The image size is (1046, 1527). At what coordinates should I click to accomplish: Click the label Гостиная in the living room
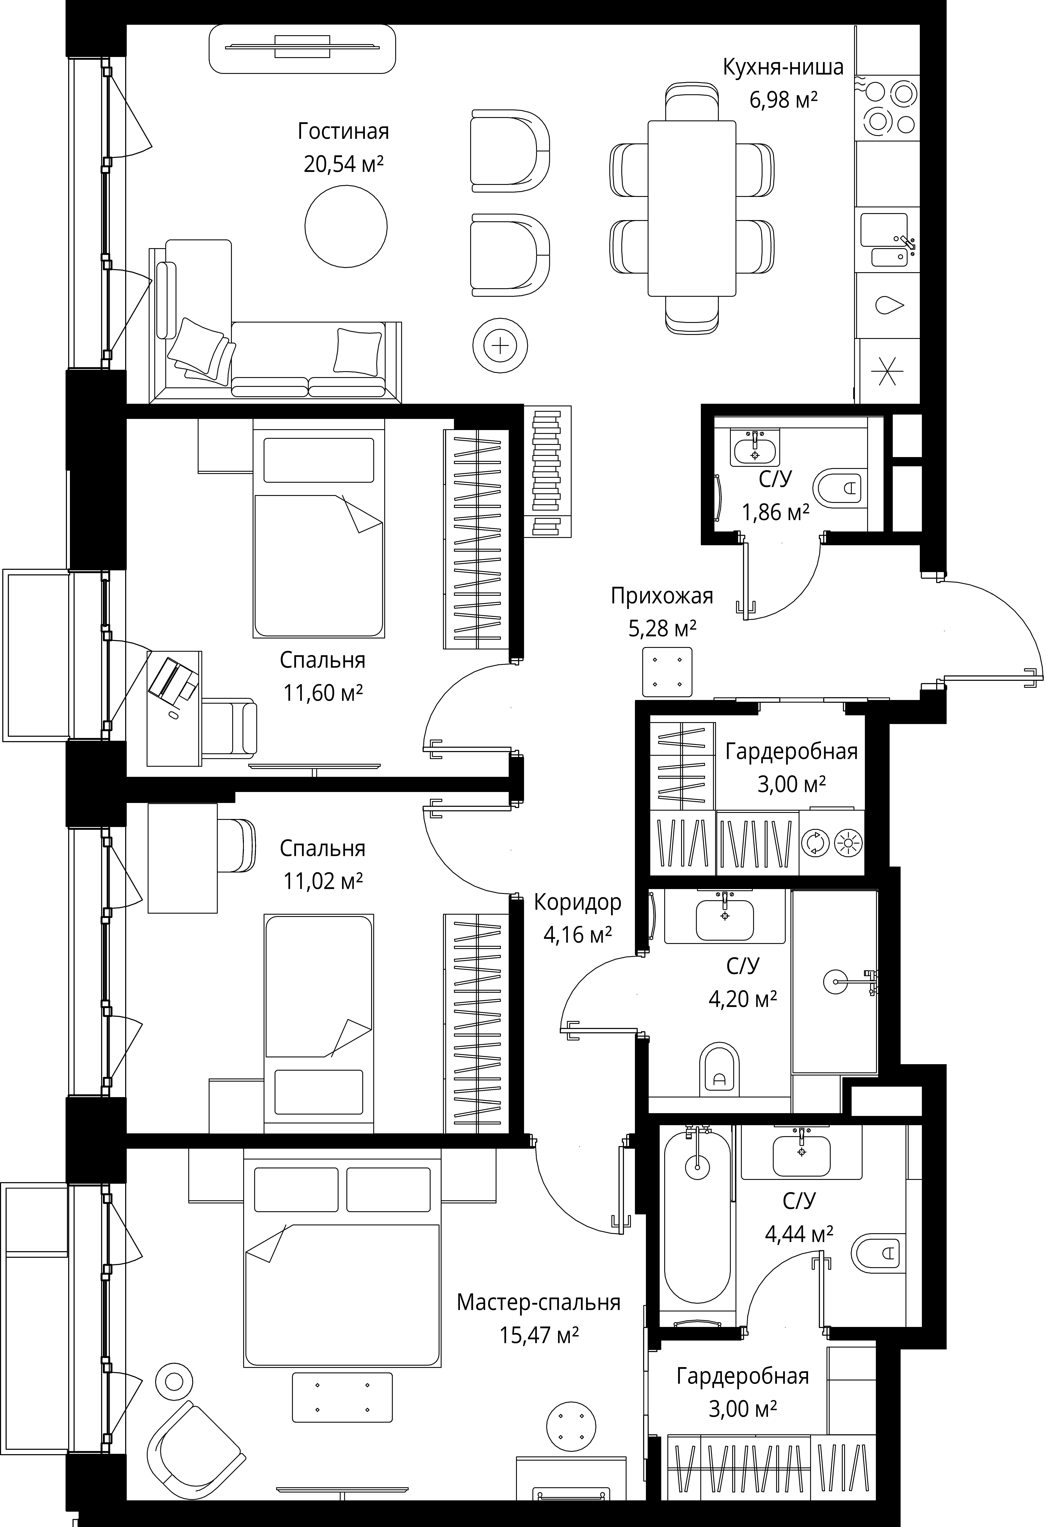[x=343, y=131]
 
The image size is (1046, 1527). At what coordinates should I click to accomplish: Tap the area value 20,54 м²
[x=343, y=164]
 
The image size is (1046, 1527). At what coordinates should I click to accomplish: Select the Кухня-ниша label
[x=783, y=68]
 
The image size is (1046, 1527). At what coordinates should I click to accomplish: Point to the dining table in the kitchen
[x=692, y=208]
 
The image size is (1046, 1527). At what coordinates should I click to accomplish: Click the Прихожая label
[x=662, y=596]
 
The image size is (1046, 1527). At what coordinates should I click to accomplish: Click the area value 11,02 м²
[x=323, y=881]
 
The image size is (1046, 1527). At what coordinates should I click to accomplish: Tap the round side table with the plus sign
[x=500, y=346]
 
